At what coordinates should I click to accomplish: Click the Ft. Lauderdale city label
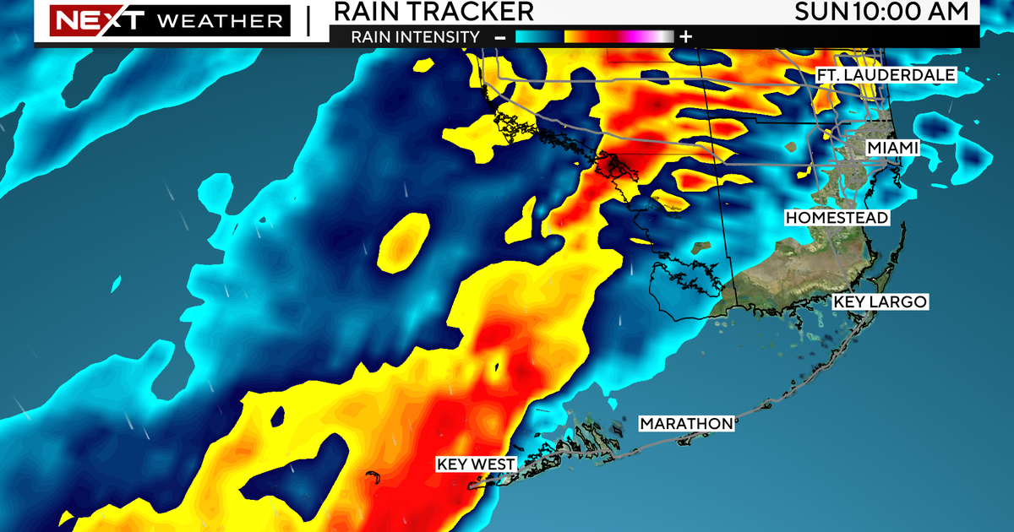pyautogui.click(x=886, y=75)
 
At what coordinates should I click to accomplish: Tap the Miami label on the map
pyautogui.click(x=892, y=149)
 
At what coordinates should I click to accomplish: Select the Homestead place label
pyautogui.click(x=837, y=218)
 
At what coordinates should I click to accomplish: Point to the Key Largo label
pyautogui.click(x=880, y=301)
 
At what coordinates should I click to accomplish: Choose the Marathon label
pyautogui.click(x=685, y=423)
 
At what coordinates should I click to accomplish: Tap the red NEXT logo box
pyautogui.click(x=85, y=19)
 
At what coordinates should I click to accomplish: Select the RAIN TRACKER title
pyautogui.click(x=433, y=11)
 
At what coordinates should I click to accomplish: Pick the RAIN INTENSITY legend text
pyautogui.click(x=416, y=36)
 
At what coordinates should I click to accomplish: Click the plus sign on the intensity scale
pyautogui.click(x=685, y=36)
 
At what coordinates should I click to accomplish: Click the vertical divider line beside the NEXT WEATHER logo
pyautogui.click(x=307, y=20)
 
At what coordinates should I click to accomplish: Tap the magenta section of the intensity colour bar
pyautogui.click(x=630, y=36)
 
